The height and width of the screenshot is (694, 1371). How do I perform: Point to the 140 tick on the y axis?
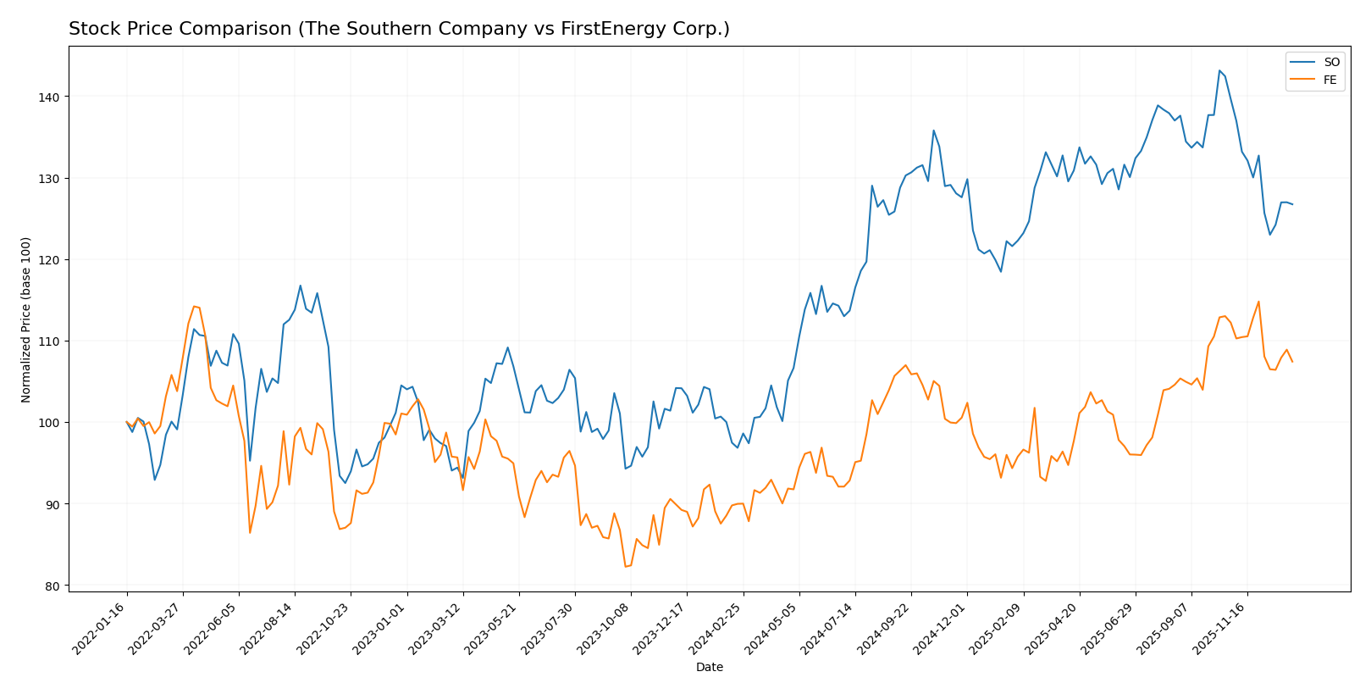(51, 97)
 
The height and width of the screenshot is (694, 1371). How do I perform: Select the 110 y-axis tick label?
(51, 341)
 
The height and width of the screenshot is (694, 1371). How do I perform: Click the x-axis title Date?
(709, 668)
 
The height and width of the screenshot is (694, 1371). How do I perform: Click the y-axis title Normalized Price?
(26, 319)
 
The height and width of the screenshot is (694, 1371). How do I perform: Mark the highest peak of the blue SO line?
(1219, 70)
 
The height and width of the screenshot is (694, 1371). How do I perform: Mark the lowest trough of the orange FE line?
(625, 567)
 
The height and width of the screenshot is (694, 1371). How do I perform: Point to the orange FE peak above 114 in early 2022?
(194, 306)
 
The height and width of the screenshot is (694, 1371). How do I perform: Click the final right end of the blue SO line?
(1292, 204)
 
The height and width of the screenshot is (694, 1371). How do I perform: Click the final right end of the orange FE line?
(1292, 362)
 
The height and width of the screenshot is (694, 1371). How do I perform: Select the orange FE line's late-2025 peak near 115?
(1258, 302)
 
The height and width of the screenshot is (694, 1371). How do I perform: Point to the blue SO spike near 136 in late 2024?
(933, 130)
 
